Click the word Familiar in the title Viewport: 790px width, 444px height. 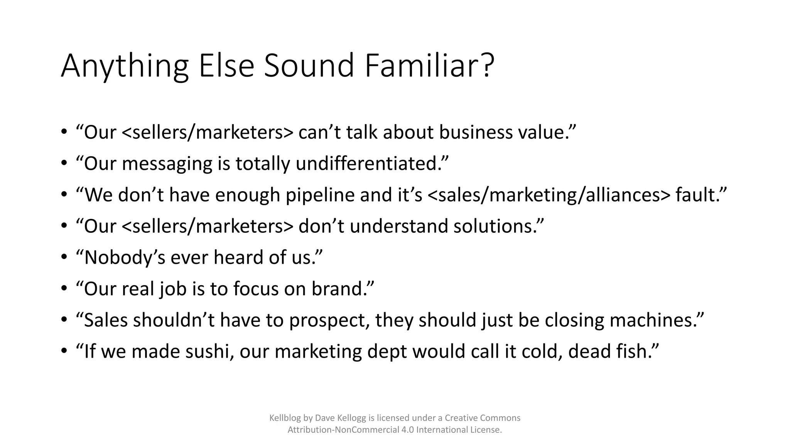[x=429, y=66]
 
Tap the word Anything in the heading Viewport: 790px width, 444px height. [x=125, y=66]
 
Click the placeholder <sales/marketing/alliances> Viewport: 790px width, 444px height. [x=549, y=195]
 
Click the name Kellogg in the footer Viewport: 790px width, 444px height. [x=348, y=418]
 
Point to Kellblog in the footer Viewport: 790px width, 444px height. [x=285, y=418]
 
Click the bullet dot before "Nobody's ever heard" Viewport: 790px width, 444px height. [x=64, y=257]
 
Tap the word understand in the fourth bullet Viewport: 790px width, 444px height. [x=399, y=226]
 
